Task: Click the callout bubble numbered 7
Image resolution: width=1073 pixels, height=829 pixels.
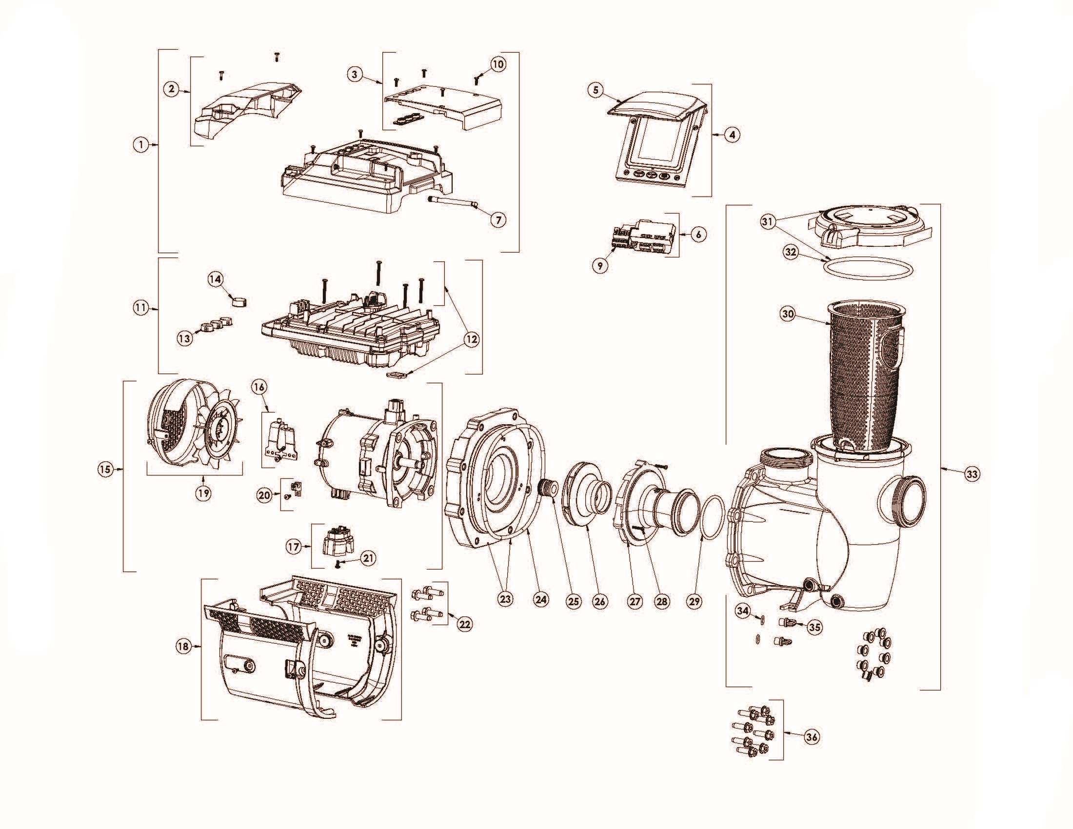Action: pyautogui.click(x=498, y=220)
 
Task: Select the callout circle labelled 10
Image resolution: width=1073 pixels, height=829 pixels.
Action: pyautogui.click(x=497, y=64)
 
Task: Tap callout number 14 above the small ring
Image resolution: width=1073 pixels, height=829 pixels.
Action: pyautogui.click(x=215, y=279)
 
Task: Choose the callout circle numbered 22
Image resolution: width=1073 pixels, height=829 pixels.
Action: pyautogui.click(x=464, y=624)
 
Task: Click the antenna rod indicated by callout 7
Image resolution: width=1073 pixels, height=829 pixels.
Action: pyautogui.click(x=452, y=202)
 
